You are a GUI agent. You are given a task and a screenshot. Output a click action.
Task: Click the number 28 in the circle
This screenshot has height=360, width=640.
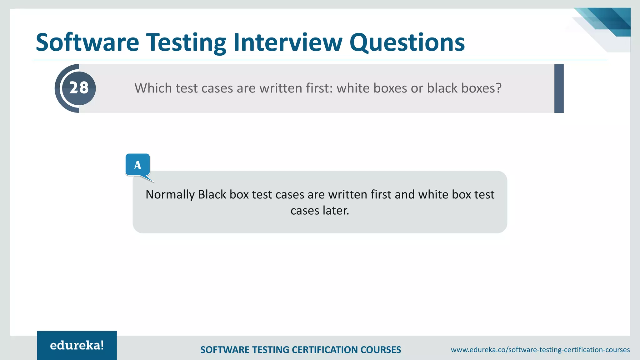pos(79,88)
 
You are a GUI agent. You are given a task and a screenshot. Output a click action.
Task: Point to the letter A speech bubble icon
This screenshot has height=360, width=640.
pos(137,165)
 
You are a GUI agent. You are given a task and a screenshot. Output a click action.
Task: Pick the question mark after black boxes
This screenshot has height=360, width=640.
pos(498,88)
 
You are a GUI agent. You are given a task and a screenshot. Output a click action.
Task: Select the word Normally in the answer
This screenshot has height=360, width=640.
pos(170,195)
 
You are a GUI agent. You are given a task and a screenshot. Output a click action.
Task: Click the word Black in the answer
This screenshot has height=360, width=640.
pos(212,195)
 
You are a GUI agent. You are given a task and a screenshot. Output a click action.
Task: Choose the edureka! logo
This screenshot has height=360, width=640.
pos(77,345)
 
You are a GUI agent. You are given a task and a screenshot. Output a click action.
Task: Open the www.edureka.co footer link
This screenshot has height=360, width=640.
pos(540,350)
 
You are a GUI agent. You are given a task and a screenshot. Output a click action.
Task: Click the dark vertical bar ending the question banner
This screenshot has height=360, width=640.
pos(559,88)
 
